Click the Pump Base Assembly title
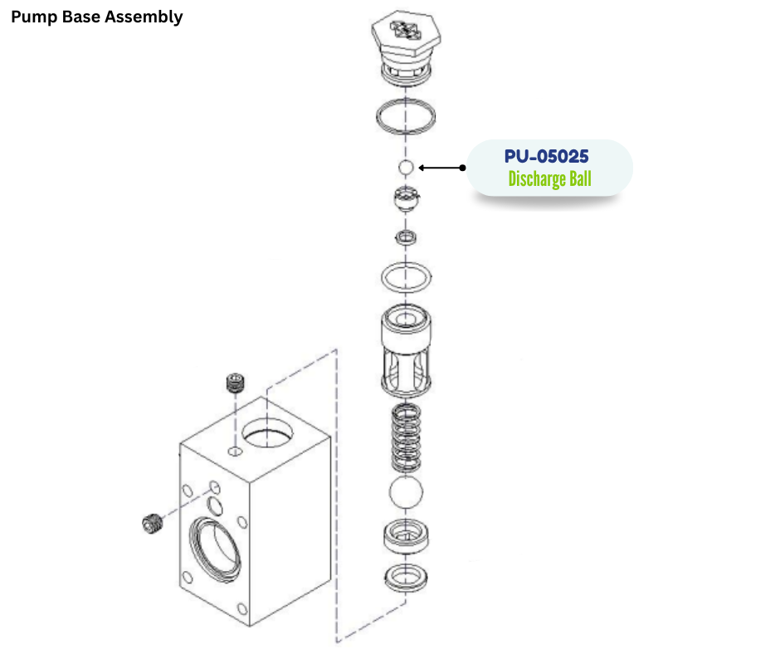pos(96,17)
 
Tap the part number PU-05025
pos(547,156)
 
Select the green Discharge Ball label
pos(549,178)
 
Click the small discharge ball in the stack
pos(406,168)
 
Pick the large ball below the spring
pos(407,494)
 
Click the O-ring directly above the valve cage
pos(406,275)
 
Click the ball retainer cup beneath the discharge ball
pos(406,200)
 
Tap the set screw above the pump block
pos(236,384)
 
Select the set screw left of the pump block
pos(151,525)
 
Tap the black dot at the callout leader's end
pos(462,168)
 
